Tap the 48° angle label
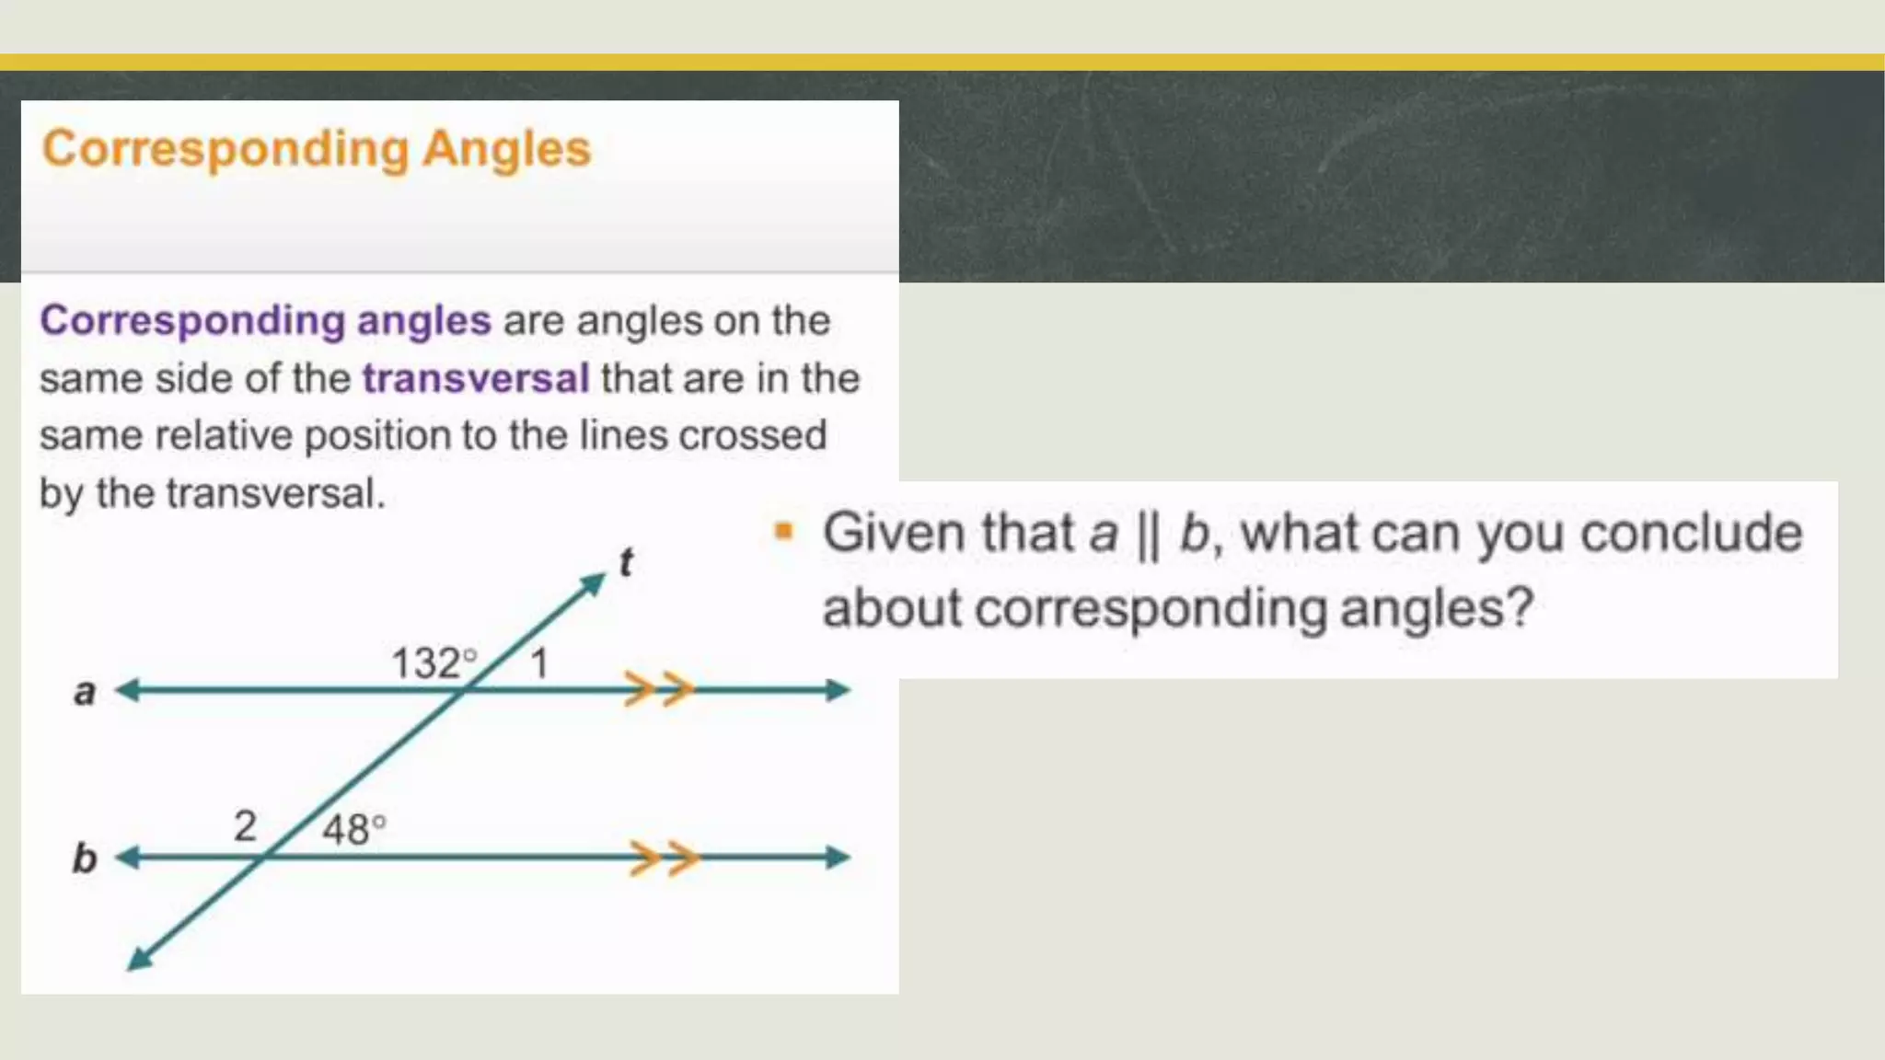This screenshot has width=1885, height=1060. click(x=353, y=829)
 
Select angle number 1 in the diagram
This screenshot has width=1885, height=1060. click(x=539, y=663)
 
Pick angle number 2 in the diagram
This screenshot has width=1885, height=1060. click(x=245, y=826)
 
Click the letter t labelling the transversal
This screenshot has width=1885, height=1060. click(x=626, y=562)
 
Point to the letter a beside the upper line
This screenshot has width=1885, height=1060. click(x=85, y=692)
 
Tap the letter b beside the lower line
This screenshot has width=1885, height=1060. click(x=85, y=858)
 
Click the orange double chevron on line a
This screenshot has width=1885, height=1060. click(x=659, y=689)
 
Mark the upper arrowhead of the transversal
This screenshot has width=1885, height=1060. click(x=594, y=583)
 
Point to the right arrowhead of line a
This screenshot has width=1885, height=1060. click(x=837, y=690)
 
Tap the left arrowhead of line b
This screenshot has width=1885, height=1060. click(x=128, y=858)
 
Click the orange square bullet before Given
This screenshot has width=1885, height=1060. click(x=783, y=531)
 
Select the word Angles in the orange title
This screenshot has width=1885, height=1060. click(x=506, y=149)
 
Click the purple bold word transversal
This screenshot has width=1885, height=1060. click(x=475, y=378)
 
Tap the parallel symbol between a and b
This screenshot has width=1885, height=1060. click(x=1148, y=535)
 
